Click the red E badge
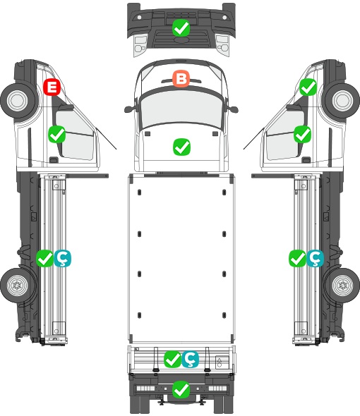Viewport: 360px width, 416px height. pyautogui.click(x=52, y=87)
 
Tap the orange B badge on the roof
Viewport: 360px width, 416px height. pyautogui.click(x=181, y=78)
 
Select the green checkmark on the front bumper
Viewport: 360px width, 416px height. pyautogui.click(x=181, y=28)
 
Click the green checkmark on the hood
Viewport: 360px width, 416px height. pyautogui.click(x=181, y=147)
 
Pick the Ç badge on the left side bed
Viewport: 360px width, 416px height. pyautogui.click(x=63, y=258)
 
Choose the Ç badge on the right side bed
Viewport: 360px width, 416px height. pyautogui.click(x=315, y=258)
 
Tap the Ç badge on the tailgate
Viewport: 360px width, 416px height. pyautogui.click(x=190, y=359)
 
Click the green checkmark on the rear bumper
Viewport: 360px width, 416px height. pyautogui.click(x=181, y=389)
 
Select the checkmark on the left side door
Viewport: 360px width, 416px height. pyautogui.click(x=57, y=134)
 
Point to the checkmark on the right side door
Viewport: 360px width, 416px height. pyautogui.click(x=302, y=134)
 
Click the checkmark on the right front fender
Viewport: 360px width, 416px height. pyautogui.click(x=308, y=87)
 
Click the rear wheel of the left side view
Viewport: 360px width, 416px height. pyautogui.click(x=18, y=285)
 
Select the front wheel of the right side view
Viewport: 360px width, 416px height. pyautogui.click(x=342, y=101)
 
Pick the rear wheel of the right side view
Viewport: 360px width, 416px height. pyautogui.click(x=342, y=285)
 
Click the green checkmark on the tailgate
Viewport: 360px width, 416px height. pyautogui.click(x=173, y=359)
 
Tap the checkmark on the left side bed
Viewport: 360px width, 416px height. pyautogui.click(x=44, y=258)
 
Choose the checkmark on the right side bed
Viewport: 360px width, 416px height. pyautogui.click(x=298, y=258)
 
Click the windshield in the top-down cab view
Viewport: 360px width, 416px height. pyautogui.click(x=181, y=109)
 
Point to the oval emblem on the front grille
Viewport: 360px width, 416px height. pyautogui.click(x=181, y=39)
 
